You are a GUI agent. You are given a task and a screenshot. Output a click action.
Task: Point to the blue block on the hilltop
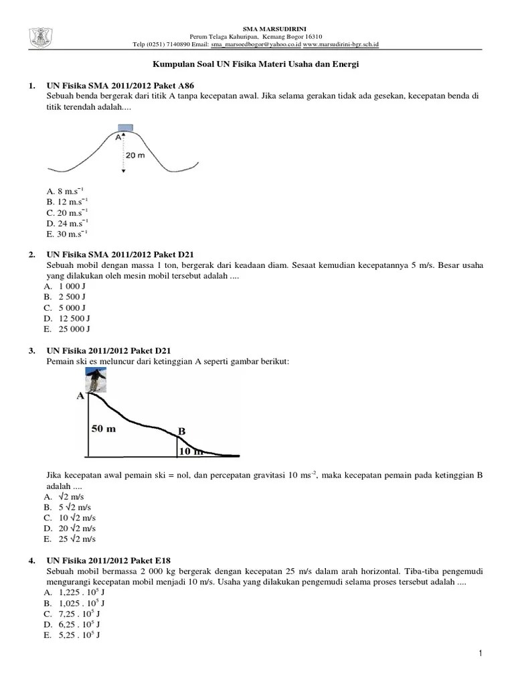[124, 128]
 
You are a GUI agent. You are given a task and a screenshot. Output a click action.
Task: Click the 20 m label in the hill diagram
[135, 155]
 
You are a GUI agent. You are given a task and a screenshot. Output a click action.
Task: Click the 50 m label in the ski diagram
[104, 429]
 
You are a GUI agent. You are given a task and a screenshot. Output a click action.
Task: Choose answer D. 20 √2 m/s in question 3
[70, 528]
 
